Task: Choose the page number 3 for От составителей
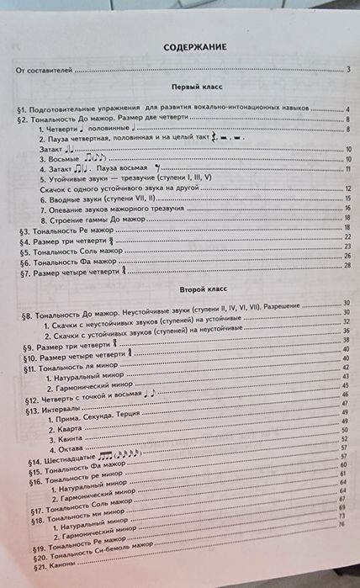(x=347, y=70)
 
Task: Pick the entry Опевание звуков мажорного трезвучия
(x=100, y=209)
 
